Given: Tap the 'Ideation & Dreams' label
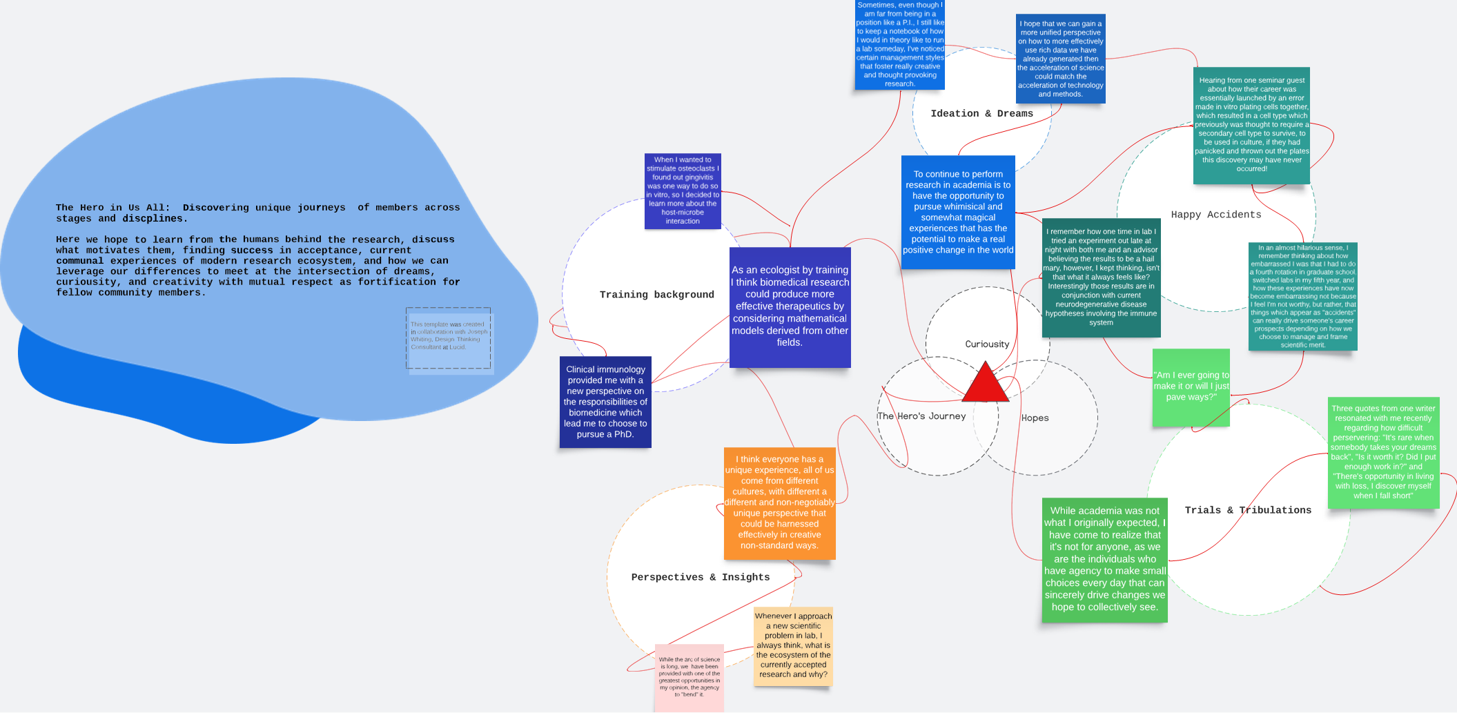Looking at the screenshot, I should coord(981,114).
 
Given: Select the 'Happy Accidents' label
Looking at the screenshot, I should coord(1215,215).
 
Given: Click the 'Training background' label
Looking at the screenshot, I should coord(656,295).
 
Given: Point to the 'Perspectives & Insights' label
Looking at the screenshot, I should coord(700,577).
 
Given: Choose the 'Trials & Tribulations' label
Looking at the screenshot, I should coord(1248,510).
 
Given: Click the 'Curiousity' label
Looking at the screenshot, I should coord(987,344).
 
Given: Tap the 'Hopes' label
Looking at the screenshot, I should coord(1035,418).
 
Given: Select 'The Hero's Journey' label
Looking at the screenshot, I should coord(921,416).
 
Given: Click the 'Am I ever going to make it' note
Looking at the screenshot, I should coord(1191,387).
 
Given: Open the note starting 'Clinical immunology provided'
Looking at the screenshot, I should coord(605,402).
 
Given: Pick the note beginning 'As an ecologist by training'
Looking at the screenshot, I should coord(790,307).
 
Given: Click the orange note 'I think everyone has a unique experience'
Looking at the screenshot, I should coord(779,502).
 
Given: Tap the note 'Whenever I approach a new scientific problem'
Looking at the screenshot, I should coord(793,645).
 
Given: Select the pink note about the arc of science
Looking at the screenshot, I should coord(689,677).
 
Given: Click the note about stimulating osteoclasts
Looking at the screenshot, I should coord(683,191).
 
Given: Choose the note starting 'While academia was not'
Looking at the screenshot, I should coord(1104,559).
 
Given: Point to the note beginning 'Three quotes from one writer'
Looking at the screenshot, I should coord(1383,452).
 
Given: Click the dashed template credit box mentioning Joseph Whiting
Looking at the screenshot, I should coord(449,338).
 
